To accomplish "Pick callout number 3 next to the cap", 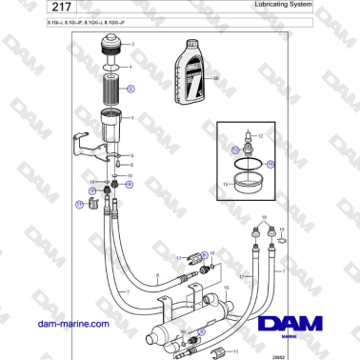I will pyautogui.click(x=132, y=46).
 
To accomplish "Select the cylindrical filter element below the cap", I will pyautogui.click(x=114, y=92).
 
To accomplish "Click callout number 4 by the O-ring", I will pyautogui.click(x=132, y=69).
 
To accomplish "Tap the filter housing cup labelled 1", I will pyautogui.click(x=113, y=126).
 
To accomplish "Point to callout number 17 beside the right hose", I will pyautogui.click(x=243, y=278).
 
